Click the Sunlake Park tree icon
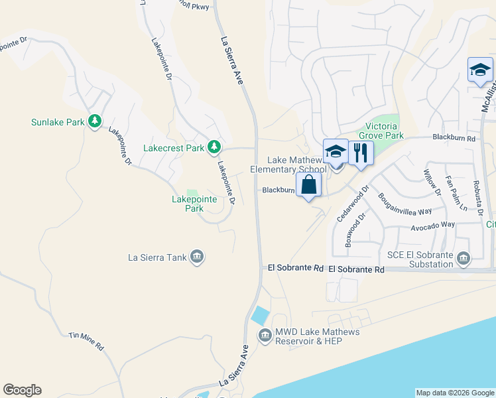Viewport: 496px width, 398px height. [x=95, y=121]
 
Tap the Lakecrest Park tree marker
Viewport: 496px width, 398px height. [x=214, y=147]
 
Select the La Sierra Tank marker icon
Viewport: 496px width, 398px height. [x=196, y=257]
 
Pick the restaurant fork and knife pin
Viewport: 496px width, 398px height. [x=361, y=153]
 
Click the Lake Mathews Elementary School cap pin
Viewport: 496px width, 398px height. [x=336, y=152]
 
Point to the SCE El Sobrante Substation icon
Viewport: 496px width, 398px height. [x=463, y=257]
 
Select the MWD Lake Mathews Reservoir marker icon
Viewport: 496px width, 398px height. [x=265, y=335]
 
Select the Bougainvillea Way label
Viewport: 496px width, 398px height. [x=404, y=204]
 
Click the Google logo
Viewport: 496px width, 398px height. [x=22, y=390]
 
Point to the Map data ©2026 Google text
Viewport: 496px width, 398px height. [x=455, y=393]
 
